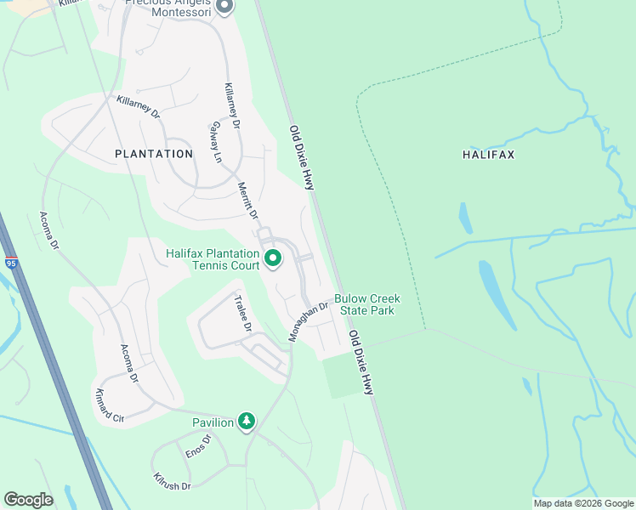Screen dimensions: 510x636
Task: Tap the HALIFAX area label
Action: point(489,155)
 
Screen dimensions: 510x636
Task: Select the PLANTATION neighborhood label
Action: point(154,154)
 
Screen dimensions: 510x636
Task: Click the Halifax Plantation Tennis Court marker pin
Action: point(273,259)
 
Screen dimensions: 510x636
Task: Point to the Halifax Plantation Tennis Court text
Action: point(213,260)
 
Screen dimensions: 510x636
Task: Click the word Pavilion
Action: point(213,422)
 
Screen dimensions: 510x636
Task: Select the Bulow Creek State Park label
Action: point(366,304)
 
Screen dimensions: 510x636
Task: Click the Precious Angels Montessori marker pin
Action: point(224,8)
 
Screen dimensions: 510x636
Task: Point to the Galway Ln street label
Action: point(216,143)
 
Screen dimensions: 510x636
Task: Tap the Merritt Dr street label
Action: point(247,201)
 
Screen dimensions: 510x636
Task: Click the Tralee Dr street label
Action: point(243,313)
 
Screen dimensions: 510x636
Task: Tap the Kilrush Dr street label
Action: point(172,481)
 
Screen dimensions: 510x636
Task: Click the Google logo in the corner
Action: point(28,500)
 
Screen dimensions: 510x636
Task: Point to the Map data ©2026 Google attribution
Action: point(583,503)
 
